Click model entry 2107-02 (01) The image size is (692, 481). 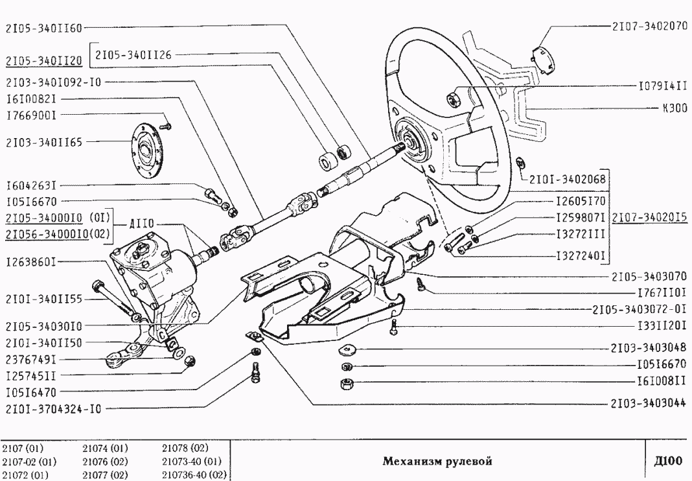pos(29,462)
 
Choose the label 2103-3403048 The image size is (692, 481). pos(649,348)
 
